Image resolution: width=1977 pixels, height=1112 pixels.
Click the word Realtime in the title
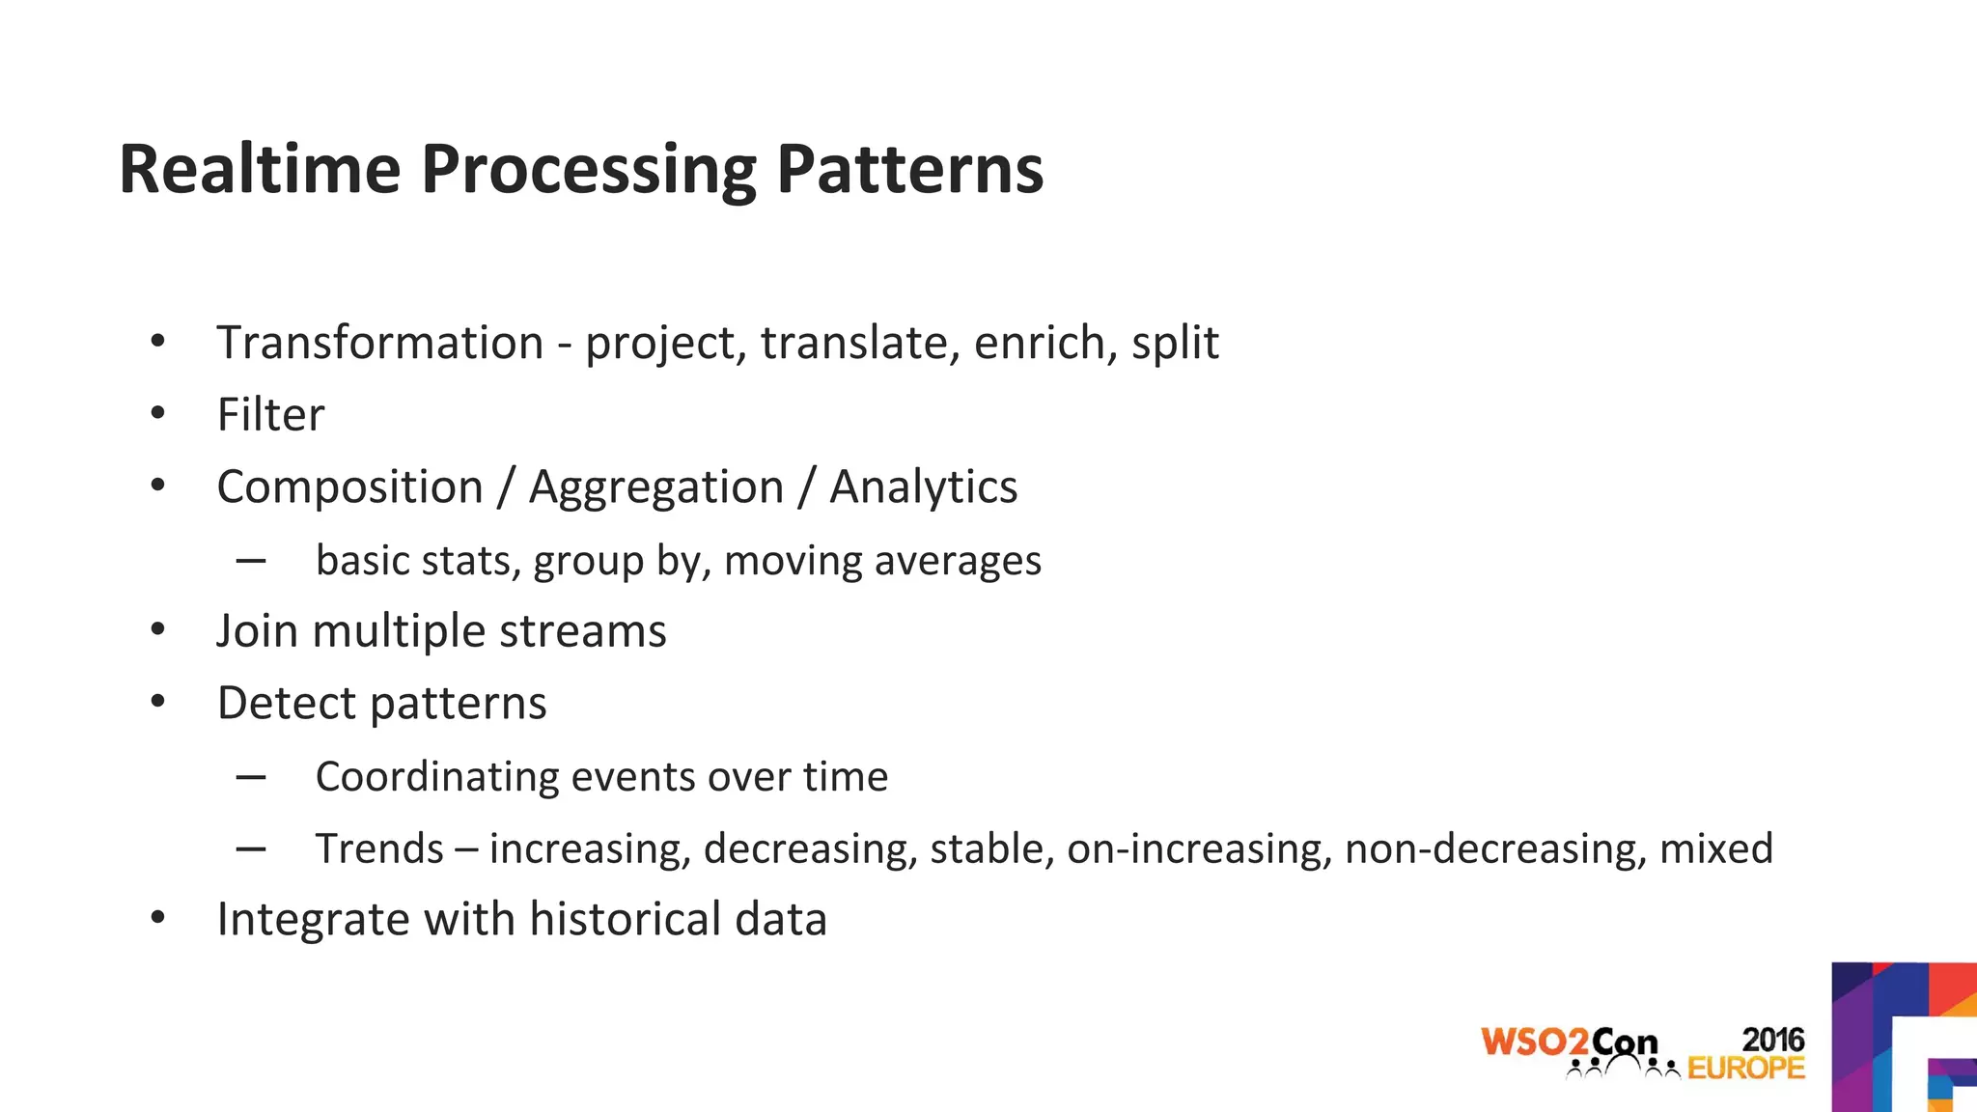click(259, 169)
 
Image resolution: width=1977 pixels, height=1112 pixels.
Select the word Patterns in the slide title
click(909, 169)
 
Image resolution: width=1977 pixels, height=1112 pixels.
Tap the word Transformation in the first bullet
click(380, 343)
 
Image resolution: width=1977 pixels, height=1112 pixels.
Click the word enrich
click(1040, 343)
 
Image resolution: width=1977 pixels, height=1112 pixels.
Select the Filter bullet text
click(270, 415)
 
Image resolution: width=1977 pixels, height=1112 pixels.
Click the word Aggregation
click(656, 487)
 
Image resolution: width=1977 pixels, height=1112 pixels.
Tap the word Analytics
click(923, 486)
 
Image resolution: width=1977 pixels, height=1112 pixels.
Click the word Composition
click(349, 487)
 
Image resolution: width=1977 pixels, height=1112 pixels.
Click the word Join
click(257, 631)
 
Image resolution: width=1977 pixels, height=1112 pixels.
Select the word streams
click(582, 631)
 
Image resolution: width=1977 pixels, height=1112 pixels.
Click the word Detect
click(287, 703)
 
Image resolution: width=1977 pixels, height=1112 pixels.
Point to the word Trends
click(379, 849)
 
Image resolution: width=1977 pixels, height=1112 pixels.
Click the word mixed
click(1715, 849)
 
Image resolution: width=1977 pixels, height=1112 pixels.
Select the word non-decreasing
click(1494, 849)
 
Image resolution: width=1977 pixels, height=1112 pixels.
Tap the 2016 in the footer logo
click(1772, 1040)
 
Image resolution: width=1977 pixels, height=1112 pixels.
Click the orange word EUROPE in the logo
click(1745, 1068)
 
